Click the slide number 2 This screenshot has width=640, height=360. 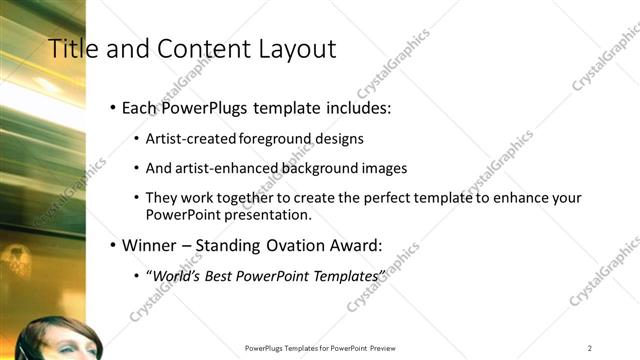[590, 347]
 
